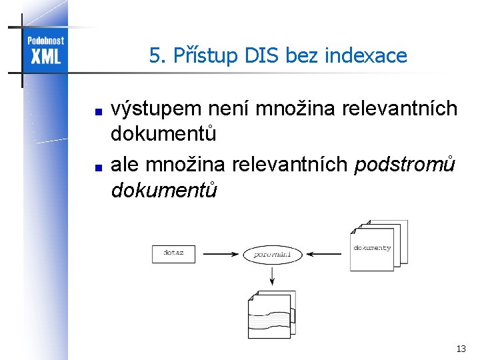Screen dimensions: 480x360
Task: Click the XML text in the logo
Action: click(45, 56)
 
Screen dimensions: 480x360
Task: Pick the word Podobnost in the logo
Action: click(45, 41)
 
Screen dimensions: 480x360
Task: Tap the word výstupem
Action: click(156, 108)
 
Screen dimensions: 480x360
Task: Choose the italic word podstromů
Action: click(405, 164)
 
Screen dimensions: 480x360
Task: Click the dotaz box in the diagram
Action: click(173, 253)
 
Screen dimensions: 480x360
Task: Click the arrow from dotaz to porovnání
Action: click(220, 254)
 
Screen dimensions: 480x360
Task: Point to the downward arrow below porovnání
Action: click(272, 275)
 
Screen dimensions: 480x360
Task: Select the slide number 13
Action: click(461, 349)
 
